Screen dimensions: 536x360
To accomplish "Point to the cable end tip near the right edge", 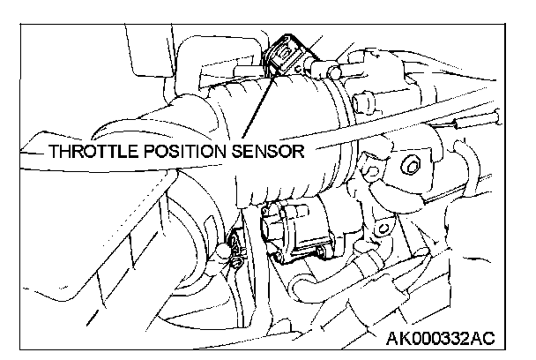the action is [x=495, y=114].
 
